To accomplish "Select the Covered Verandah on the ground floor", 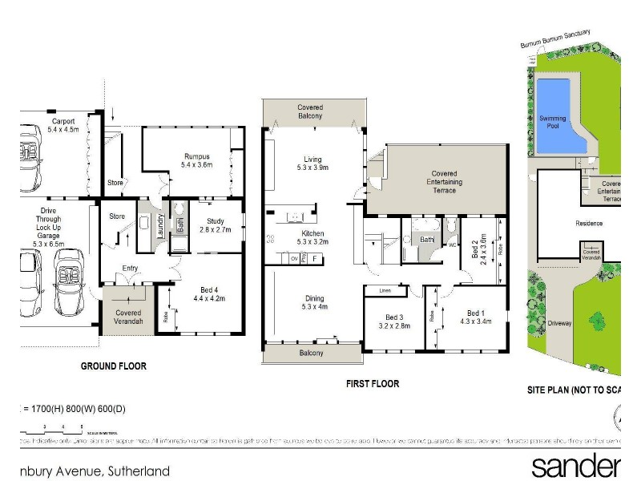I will click(128, 317).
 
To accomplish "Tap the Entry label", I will click(131, 269).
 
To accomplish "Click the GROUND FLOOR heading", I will click(114, 366).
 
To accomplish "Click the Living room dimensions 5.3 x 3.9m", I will click(310, 168).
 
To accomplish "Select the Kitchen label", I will click(310, 232).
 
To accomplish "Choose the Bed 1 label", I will click(475, 313).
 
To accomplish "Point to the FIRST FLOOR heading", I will click(373, 384).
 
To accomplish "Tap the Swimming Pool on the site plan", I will click(553, 119).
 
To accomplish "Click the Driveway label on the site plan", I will click(559, 323).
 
